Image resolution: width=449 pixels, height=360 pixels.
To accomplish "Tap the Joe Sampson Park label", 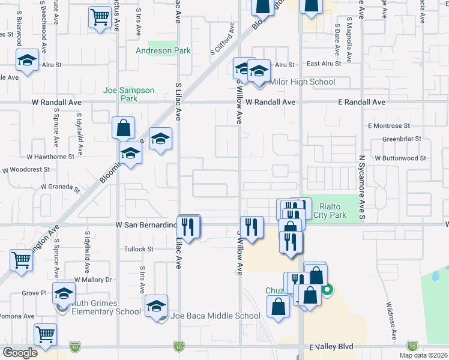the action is (129, 94).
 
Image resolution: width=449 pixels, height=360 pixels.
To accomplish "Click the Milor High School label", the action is (303, 82).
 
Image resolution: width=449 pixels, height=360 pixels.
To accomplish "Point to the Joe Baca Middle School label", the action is (215, 316).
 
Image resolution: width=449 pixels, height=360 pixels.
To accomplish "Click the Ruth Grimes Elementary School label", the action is (106, 307).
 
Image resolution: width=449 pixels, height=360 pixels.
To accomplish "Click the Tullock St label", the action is (139, 249).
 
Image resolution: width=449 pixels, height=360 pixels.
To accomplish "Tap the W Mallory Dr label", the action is (93, 280).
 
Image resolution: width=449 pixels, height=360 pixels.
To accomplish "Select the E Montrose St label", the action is (389, 126).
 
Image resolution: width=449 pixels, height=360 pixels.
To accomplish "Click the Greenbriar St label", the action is (403, 139).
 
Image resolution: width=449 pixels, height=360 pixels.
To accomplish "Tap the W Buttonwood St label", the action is (400, 158).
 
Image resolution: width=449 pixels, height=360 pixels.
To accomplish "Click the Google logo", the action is (20, 353).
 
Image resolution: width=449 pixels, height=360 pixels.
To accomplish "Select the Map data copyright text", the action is (423, 355).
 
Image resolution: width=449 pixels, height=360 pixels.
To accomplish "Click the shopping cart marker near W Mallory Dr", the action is (21, 260).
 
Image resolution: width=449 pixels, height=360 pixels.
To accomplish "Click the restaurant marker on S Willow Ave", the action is (252, 227).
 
